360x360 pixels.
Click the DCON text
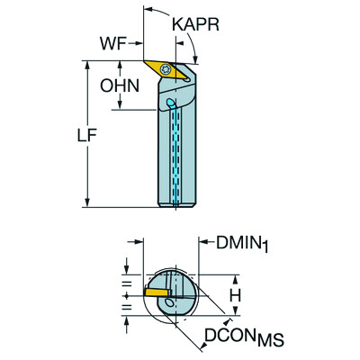(225, 336)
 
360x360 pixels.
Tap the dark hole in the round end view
(169, 308)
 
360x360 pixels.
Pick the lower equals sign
(125, 312)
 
